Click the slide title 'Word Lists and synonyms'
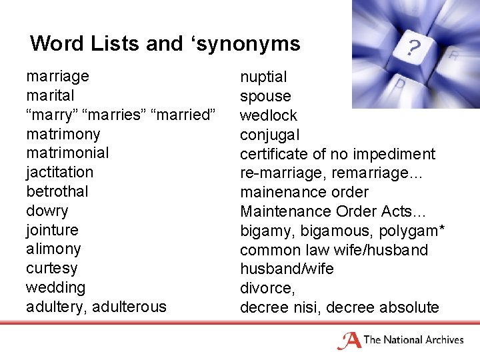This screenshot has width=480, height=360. (165, 44)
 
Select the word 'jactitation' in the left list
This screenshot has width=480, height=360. (59, 173)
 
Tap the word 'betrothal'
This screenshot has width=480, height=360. (57, 191)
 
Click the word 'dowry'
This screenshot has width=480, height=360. (47, 211)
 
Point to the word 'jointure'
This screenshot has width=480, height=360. (52, 230)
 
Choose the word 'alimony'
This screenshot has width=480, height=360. (53, 249)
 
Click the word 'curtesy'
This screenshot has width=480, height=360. (51, 268)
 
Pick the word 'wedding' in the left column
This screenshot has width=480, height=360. (55, 287)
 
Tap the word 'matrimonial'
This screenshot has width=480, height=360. (67, 153)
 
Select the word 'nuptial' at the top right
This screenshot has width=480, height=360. (263, 77)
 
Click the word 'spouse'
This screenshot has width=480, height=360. (265, 97)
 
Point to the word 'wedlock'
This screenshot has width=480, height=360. (269, 115)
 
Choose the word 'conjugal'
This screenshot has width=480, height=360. (270, 135)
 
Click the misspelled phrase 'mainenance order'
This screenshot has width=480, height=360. (304, 193)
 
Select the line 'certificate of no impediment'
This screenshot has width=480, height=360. (337, 154)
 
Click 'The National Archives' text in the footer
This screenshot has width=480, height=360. (413, 340)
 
